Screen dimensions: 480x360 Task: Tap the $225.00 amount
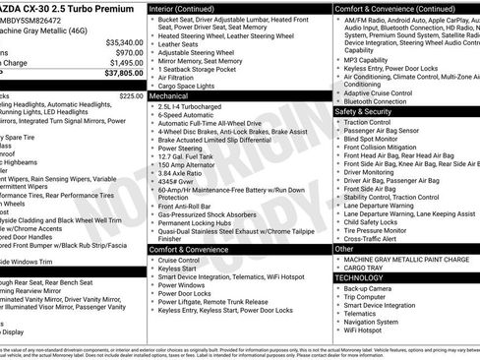click(x=131, y=96)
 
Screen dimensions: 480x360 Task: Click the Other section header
click(x=343, y=249)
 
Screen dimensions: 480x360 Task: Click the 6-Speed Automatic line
click(x=193, y=115)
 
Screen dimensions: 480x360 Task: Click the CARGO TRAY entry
click(x=364, y=268)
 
